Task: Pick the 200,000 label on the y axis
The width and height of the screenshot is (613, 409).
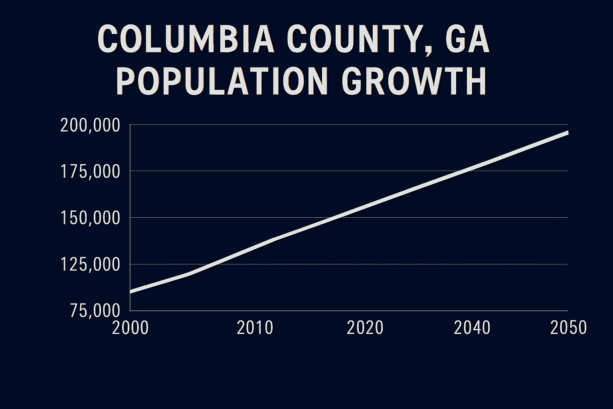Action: pos(90,125)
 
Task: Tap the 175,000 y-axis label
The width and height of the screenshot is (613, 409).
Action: pos(90,172)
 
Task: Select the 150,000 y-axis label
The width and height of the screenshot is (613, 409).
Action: pos(90,218)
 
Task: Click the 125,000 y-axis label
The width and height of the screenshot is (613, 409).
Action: pos(90,264)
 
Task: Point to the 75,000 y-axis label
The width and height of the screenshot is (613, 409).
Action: pos(95,311)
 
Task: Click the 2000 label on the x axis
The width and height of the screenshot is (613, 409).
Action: pos(131,328)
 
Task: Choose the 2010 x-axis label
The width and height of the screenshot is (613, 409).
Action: pos(255,328)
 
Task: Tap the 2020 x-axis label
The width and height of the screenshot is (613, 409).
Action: pos(365,328)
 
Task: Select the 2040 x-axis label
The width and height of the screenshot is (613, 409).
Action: pos(472,328)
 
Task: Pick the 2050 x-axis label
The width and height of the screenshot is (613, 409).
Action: pos(568,328)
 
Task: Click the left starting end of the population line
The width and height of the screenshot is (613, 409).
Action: pos(131,292)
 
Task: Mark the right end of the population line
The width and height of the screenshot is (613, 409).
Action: pos(567,133)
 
